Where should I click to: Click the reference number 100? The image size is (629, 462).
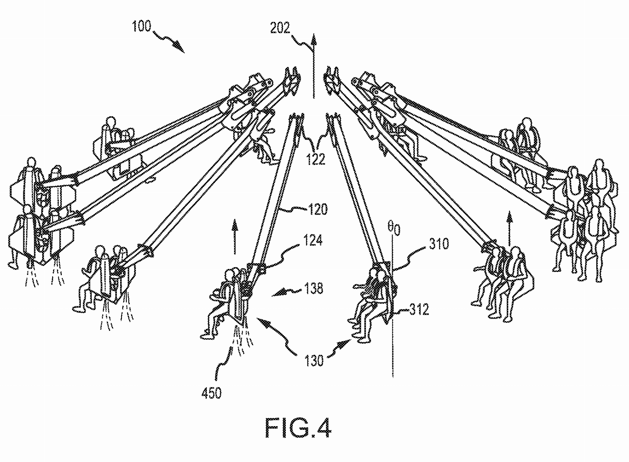[142, 27]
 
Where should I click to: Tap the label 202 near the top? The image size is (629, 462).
[280, 28]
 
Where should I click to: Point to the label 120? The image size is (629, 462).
[318, 209]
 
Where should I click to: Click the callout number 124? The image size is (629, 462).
[313, 241]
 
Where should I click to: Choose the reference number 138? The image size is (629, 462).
[314, 289]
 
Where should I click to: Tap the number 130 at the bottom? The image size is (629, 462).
[314, 360]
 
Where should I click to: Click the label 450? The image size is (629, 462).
[212, 393]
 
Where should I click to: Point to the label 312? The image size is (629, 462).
[419, 310]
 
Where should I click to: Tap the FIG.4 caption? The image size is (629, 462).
[298, 429]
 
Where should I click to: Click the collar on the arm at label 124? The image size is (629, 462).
[257, 268]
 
